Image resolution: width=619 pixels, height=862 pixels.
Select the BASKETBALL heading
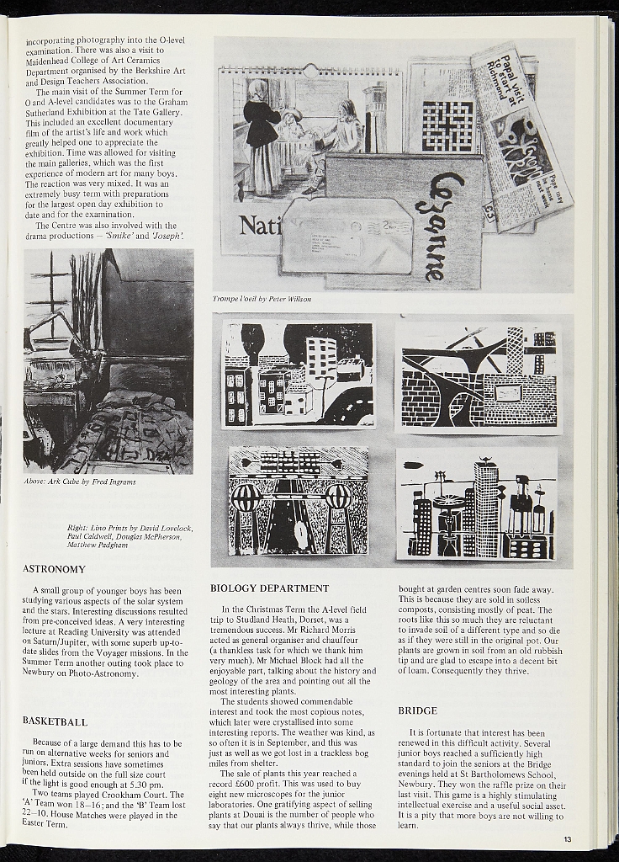[55, 722]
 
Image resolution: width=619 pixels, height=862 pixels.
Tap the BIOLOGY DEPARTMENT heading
[269, 588]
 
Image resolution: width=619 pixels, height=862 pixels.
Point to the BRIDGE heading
[417, 711]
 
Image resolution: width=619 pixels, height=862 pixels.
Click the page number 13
[568, 839]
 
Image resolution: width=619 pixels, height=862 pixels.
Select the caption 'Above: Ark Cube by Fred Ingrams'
[80, 482]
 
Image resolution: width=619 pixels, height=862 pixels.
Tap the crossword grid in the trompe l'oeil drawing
[447, 125]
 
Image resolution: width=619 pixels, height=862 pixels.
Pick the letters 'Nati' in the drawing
[258, 226]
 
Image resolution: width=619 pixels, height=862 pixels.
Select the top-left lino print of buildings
[299, 374]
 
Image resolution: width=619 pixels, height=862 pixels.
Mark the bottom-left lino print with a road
[299, 501]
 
